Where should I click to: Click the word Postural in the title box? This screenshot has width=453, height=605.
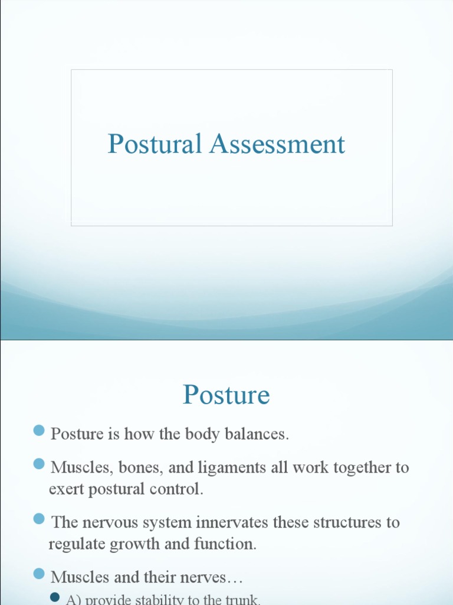pos(155,144)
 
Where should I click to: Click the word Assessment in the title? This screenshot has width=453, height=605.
pos(277,144)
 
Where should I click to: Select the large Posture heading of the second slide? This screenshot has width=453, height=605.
pos(226,395)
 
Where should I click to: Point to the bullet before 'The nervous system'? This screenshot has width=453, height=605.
pos(40,519)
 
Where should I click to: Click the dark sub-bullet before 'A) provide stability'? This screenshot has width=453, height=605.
pos(55,597)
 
